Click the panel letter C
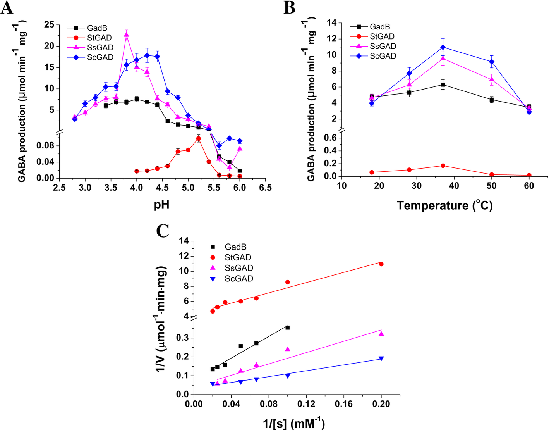162,231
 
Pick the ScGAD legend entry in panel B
383,56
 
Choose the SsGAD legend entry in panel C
239,268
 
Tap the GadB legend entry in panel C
235,247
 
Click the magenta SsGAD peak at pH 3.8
126,34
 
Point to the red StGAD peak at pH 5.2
199,138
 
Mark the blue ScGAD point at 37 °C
443,47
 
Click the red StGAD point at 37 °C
443,166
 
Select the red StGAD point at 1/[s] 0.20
381,264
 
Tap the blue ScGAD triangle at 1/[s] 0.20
381,359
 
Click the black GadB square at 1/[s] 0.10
287,328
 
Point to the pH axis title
161,204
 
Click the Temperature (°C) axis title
444,205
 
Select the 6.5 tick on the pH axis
265,188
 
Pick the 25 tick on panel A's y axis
49,25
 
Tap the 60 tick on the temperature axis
529,186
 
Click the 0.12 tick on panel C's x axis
306,404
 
